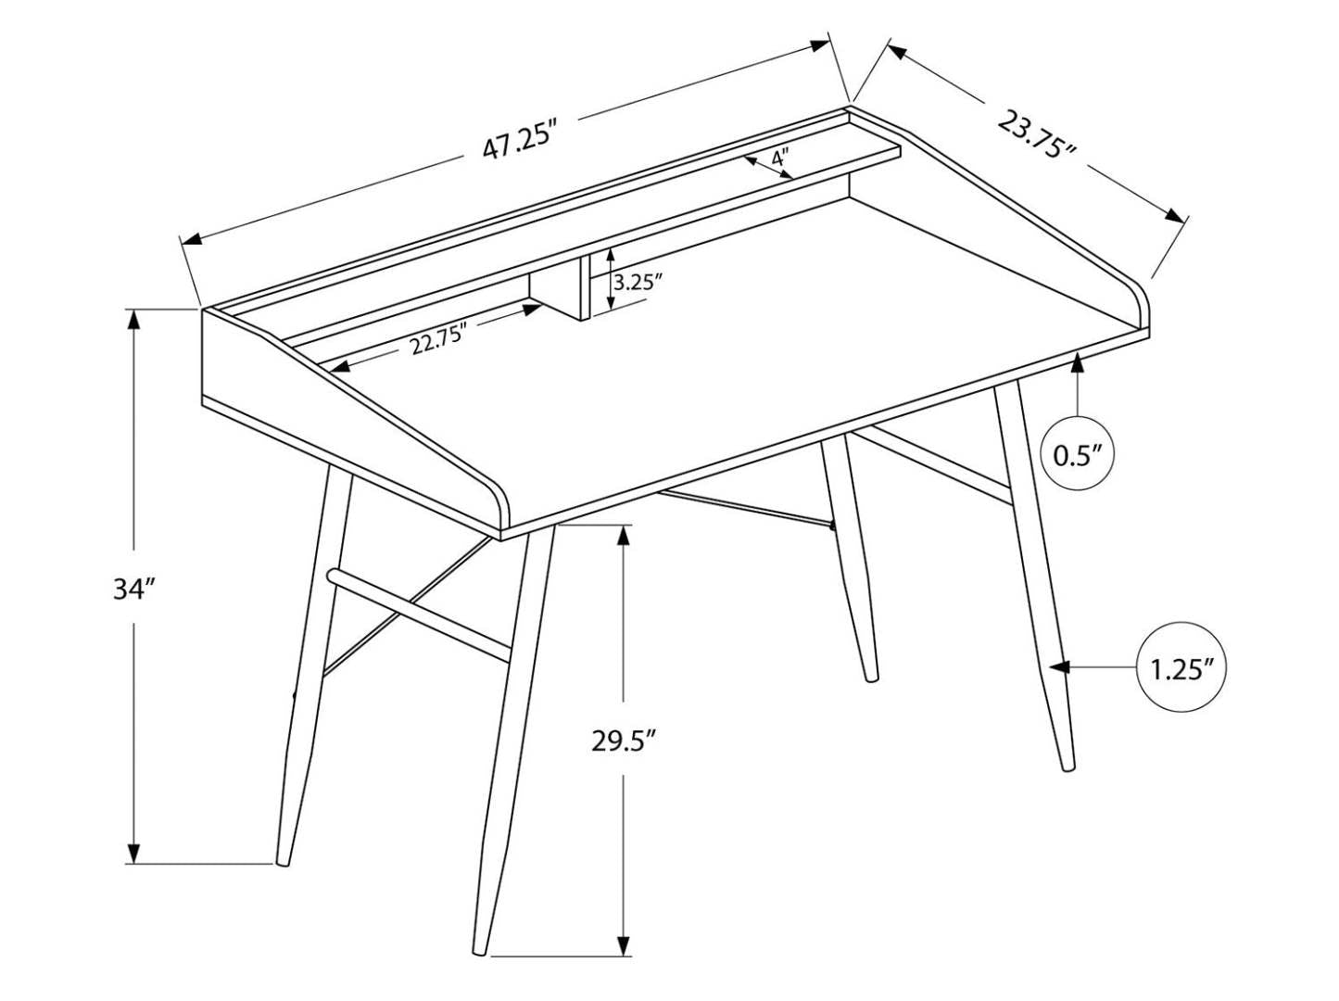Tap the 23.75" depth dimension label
click(1036, 135)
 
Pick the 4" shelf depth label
click(779, 158)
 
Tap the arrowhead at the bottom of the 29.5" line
click(625, 944)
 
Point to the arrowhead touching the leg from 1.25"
click(1059, 666)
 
